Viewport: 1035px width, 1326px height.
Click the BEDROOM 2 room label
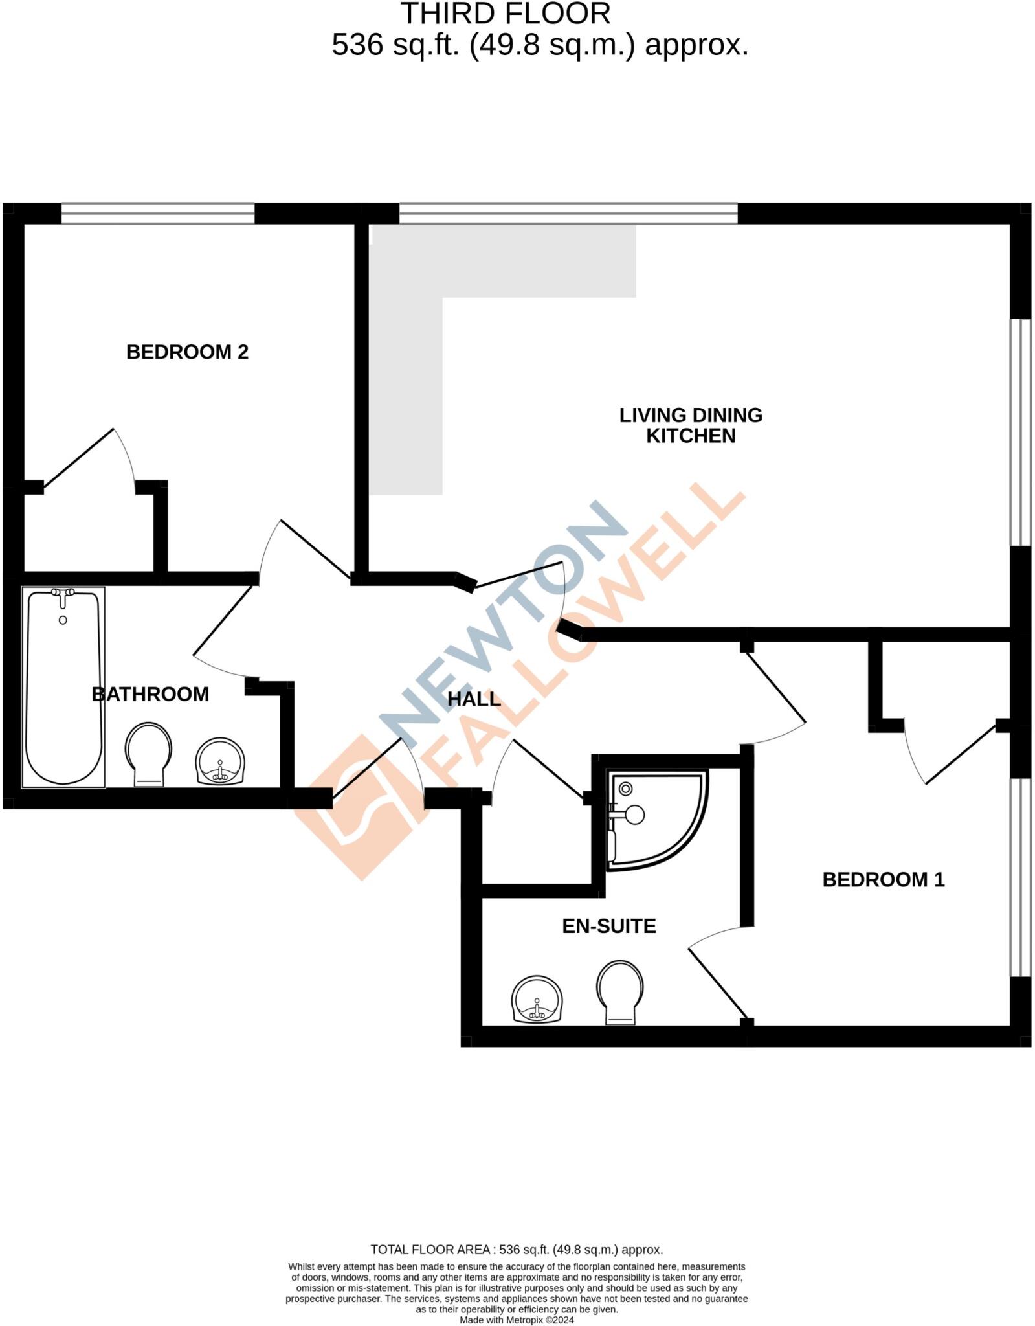point(187,352)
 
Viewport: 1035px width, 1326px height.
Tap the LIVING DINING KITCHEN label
point(691,425)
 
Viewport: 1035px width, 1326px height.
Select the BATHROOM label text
point(150,694)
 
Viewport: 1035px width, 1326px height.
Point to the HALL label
point(474,699)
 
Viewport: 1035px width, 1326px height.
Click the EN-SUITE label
point(608,927)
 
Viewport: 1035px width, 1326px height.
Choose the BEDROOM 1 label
point(883,880)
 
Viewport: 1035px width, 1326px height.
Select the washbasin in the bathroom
point(220,761)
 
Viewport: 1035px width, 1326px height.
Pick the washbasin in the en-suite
point(537,1000)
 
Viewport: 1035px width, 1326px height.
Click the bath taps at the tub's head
point(63,595)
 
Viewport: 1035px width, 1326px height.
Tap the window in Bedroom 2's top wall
point(158,213)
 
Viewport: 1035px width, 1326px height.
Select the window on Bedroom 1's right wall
point(1020,877)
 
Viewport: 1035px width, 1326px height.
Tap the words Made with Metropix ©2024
point(517,1320)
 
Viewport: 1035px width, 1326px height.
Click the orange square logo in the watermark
point(359,809)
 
